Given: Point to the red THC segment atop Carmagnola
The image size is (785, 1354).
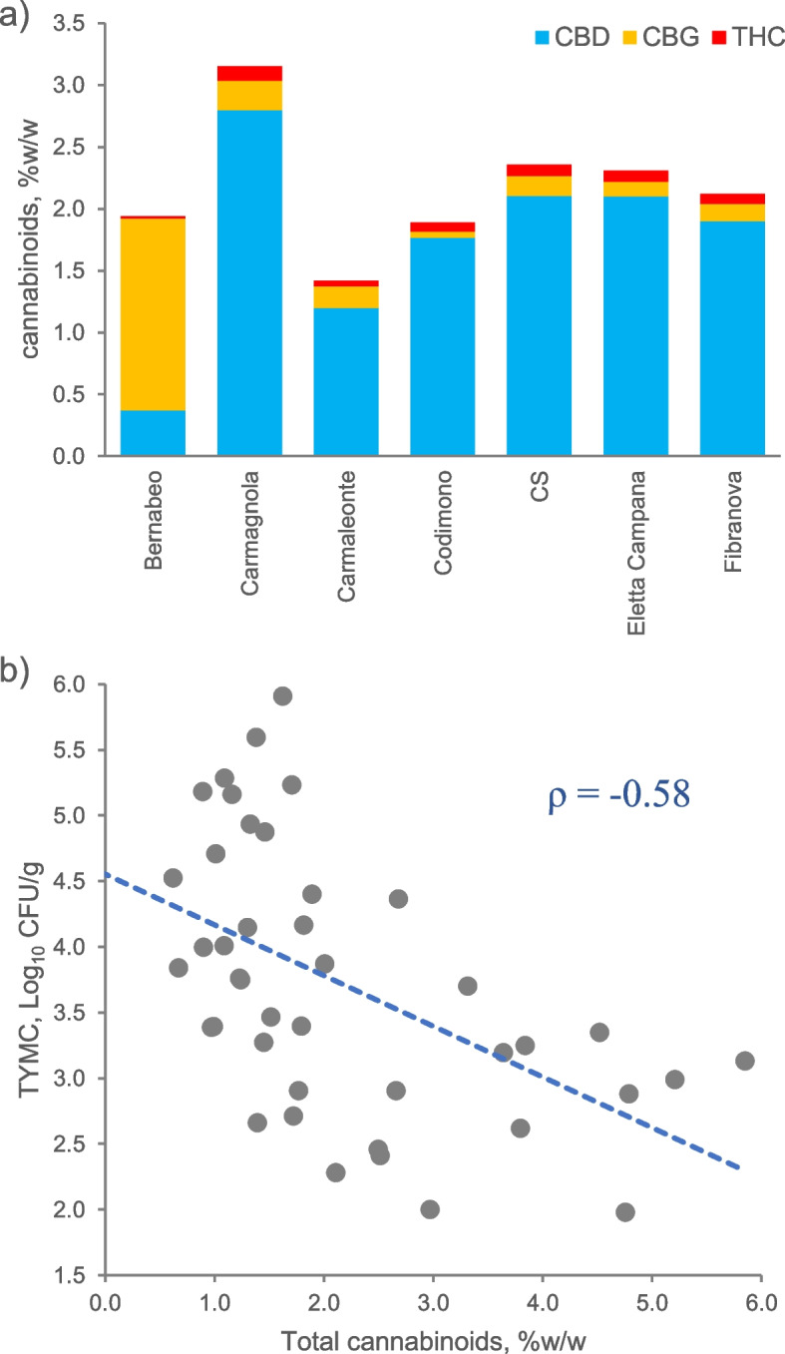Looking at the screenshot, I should (249, 73).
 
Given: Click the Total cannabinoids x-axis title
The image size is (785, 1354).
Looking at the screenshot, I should (433, 1337).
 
